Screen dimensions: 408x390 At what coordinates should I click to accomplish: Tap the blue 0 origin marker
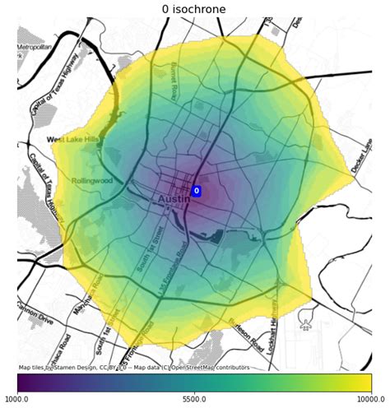pos(197,191)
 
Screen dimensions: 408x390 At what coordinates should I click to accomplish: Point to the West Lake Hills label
pos(72,140)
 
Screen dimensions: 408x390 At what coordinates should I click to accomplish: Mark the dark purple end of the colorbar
pos(21,382)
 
